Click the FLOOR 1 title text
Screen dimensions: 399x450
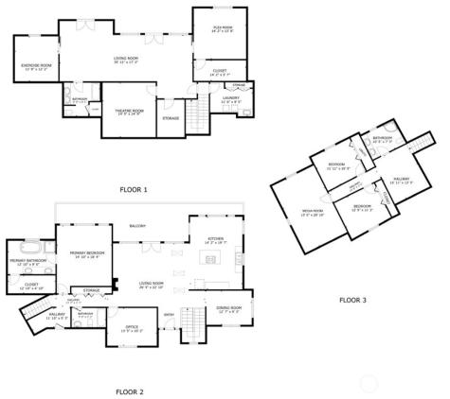[x=134, y=190]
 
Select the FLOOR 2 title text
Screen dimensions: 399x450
[x=129, y=390]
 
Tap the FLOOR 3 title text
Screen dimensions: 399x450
[x=353, y=301]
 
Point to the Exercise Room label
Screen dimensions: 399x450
[x=36, y=66]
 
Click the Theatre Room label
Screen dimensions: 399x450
[x=129, y=112]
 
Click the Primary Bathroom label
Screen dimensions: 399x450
[x=29, y=260]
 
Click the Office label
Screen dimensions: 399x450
[x=133, y=329]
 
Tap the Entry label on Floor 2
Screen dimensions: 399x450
[x=170, y=316]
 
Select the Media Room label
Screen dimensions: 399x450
[x=313, y=212]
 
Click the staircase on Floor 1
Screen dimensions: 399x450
[x=198, y=118]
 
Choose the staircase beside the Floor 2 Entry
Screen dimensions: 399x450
[x=193, y=327]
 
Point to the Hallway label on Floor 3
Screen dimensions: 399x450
[x=402, y=180]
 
